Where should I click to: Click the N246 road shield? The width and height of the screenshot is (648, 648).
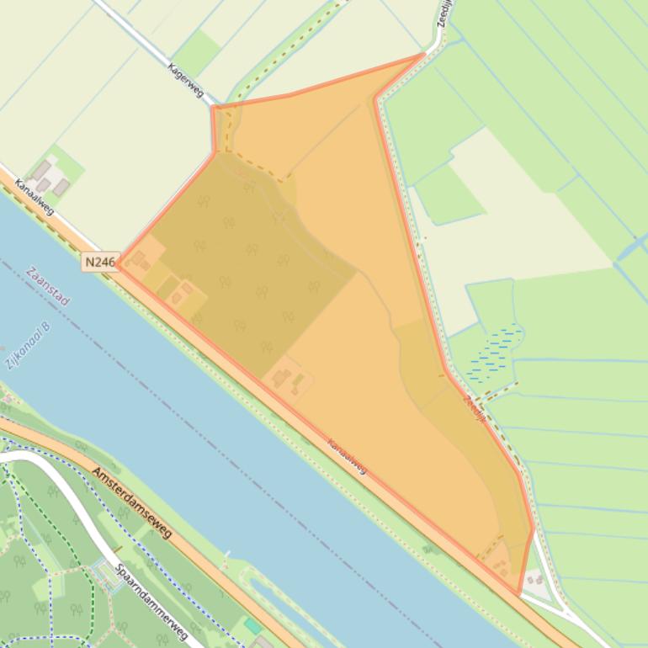point(99,263)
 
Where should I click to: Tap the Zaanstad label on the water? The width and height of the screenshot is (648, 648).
point(47,287)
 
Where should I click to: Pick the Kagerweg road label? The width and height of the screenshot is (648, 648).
point(186,80)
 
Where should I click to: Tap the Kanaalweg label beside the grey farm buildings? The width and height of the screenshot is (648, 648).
point(35,197)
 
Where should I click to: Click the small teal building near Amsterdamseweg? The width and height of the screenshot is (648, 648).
point(252,627)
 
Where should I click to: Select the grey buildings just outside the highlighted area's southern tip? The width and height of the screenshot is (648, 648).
point(534,579)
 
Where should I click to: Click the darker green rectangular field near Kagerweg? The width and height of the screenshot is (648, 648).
point(197,52)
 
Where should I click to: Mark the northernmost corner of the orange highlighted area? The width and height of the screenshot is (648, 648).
point(423,56)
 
